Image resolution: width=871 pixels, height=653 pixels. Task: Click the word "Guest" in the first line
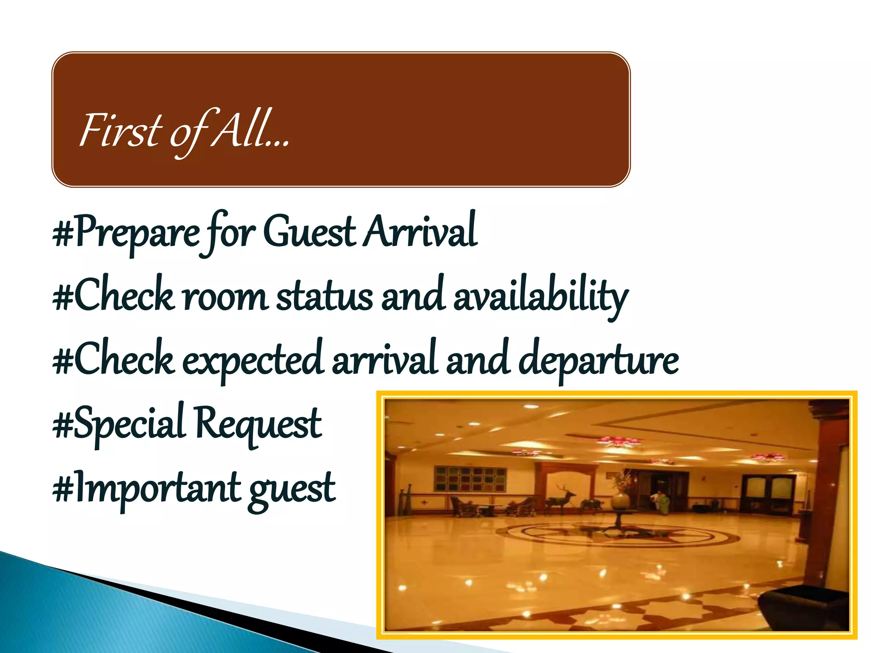click(x=309, y=232)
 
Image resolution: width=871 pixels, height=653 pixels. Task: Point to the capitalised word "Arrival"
click(x=421, y=232)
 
